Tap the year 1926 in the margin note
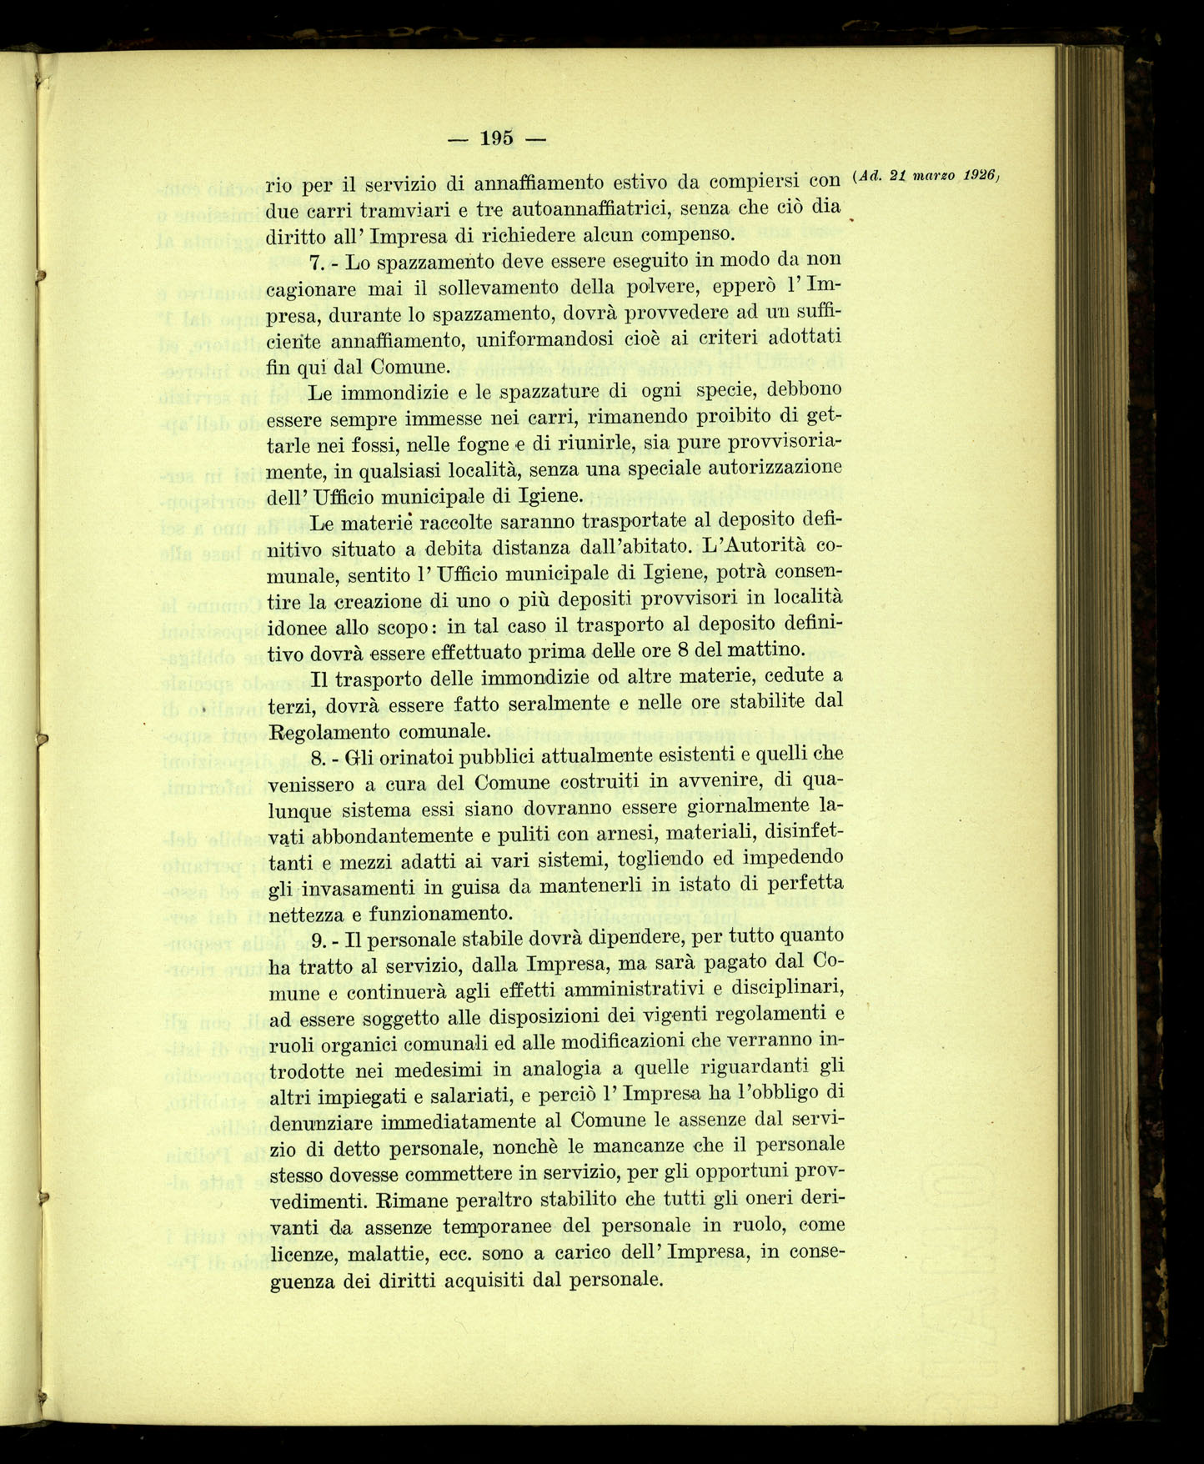979,175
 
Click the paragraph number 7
315,263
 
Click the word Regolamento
330,732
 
